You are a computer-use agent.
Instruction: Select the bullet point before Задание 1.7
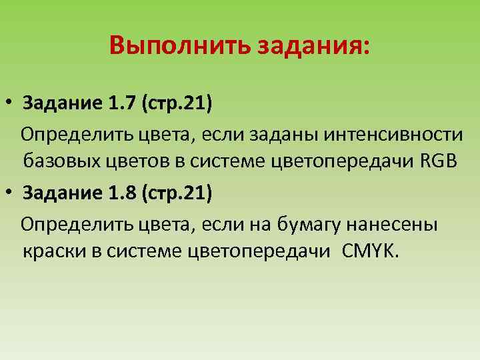[11, 105]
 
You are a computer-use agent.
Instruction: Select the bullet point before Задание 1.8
[11, 194]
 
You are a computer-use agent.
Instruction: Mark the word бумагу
[307, 224]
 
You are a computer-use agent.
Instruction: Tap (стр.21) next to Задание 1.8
[175, 193]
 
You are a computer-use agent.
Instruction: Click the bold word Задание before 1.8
[61, 193]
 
